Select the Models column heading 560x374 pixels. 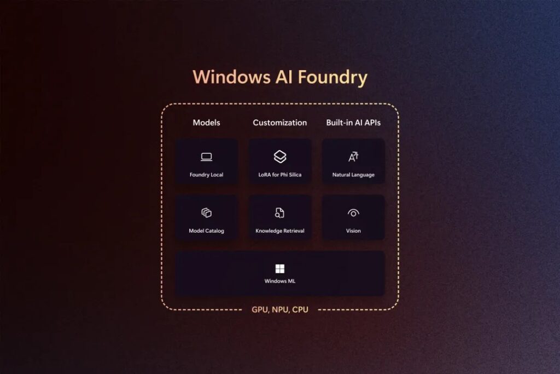[206, 123]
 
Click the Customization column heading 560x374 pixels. [279, 123]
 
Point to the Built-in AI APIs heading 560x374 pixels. [353, 123]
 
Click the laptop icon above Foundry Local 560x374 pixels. [206, 158]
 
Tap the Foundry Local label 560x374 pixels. [206, 175]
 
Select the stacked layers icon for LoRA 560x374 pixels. [280, 157]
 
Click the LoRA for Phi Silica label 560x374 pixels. [280, 175]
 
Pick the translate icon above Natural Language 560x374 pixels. [353, 157]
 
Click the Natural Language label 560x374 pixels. [353, 175]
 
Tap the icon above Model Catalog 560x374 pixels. [206, 213]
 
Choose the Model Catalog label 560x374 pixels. [206, 231]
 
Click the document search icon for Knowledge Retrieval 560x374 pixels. [280, 213]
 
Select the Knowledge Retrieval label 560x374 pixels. [280, 231]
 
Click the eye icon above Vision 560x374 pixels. [353, 213]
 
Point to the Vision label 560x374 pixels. [353, 231]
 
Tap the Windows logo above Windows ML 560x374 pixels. [280, 268]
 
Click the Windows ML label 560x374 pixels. [280, 281]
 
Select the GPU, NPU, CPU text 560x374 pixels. [280, 310]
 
